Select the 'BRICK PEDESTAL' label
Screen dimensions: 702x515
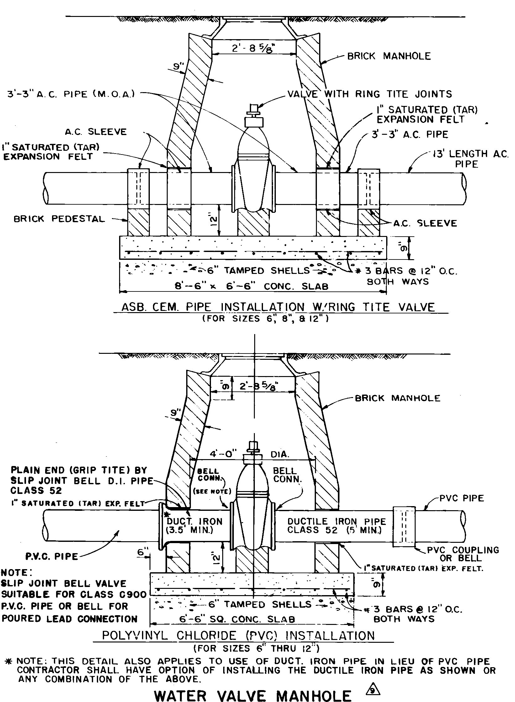(x=59, y=219)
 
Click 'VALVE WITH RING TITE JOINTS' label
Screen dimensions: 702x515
(x=370, y=94)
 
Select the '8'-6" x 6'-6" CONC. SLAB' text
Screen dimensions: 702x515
(x=252, y=286)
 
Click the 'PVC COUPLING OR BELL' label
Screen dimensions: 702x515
(x=463, y=554)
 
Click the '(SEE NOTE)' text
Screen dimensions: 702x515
(x=212, y=491)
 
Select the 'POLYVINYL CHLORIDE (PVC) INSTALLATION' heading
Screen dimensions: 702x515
(x=239, y=635)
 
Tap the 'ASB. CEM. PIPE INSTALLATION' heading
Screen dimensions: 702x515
(x=278, y=307)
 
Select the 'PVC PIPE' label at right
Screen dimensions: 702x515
(x=461, y=498)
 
